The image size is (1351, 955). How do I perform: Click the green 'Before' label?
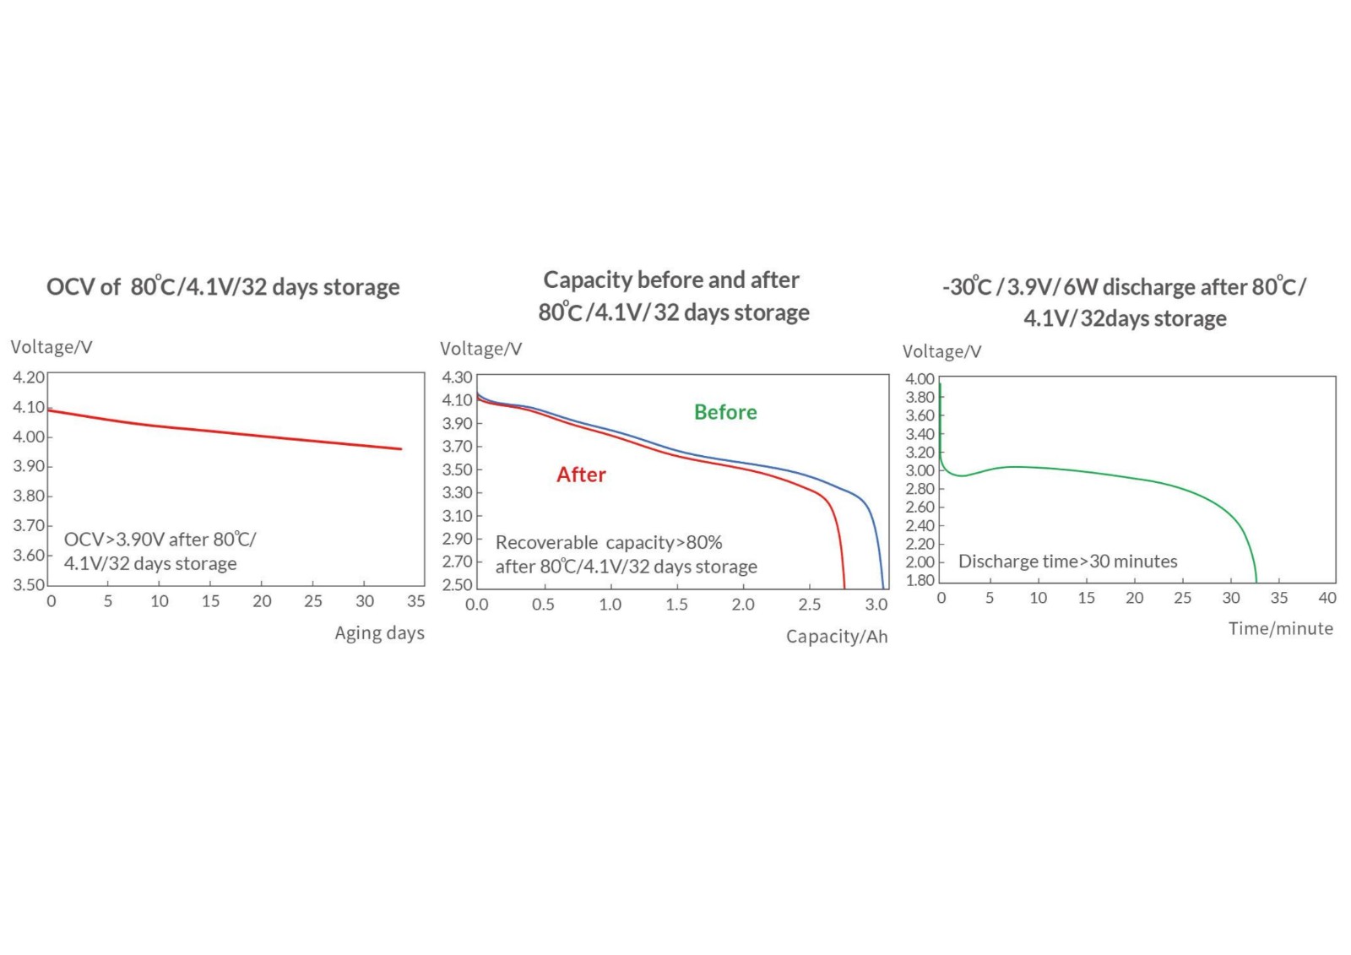click(724, 412)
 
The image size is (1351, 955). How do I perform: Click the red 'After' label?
click(581, 475)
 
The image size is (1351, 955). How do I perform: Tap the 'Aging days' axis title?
click(379, 633)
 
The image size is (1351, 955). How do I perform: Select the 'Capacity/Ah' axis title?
click(836, 637)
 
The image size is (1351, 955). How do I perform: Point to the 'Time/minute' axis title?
click(1280, 628)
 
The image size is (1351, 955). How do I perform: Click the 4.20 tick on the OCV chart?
click(29, 377)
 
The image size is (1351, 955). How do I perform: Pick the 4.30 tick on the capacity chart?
click(457, 377)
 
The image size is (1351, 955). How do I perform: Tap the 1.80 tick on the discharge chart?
click(920, 580)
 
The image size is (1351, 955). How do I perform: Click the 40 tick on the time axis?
click(1327, 598)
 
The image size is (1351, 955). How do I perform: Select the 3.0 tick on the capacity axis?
click(876, 605)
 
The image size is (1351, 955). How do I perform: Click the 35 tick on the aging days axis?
click(415, 601)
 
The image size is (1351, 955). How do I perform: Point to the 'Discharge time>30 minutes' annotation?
click(1067, 562)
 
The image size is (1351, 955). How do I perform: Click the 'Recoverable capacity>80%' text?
click(609, 542)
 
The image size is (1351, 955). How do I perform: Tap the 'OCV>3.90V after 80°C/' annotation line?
click(160, 540)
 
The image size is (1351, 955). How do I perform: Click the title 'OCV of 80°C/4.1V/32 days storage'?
click(223, 287)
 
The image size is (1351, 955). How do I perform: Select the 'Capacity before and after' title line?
click(671, 279)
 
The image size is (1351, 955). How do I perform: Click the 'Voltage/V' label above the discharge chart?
click(941, 352)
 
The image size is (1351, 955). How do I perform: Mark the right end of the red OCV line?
click(401, 449)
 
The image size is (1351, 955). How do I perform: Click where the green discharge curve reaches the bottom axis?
click(1256, 582)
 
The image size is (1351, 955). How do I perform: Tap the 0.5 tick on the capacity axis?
click(543, 605)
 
